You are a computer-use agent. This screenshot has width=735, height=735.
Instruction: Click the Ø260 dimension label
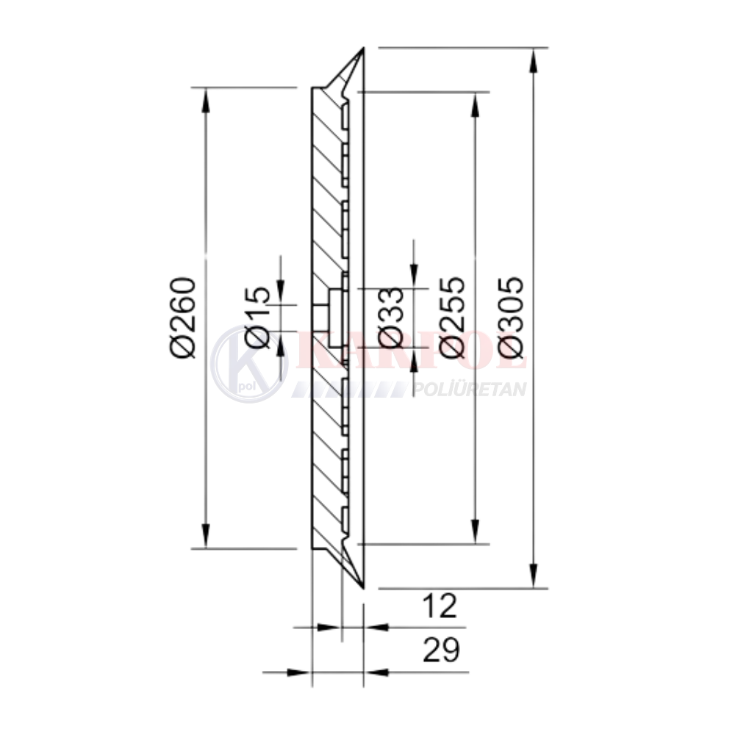coord(183,318)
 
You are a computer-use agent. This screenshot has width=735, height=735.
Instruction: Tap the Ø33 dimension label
coord(390,318)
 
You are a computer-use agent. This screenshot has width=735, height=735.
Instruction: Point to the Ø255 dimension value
coord(452,318)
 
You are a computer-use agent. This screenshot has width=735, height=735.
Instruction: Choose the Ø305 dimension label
coord(511,318)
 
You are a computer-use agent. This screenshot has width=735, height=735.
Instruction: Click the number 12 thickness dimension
coord(440,606)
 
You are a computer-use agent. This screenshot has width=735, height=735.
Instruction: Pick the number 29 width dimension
coord(441,650)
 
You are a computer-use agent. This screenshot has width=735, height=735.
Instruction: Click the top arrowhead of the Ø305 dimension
coord(533,60)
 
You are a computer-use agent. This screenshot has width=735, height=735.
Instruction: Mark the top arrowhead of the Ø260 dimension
coord(205,100)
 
